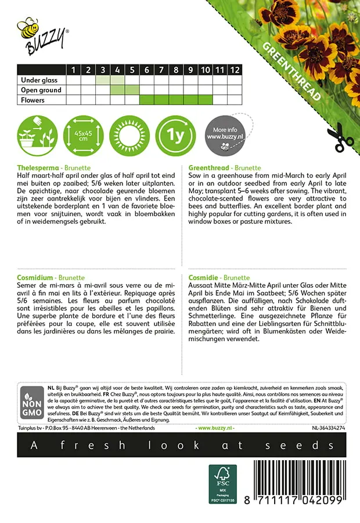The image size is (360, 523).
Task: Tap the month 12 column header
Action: [x=234, y=70]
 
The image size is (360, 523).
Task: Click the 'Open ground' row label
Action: [x=41, y=90]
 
